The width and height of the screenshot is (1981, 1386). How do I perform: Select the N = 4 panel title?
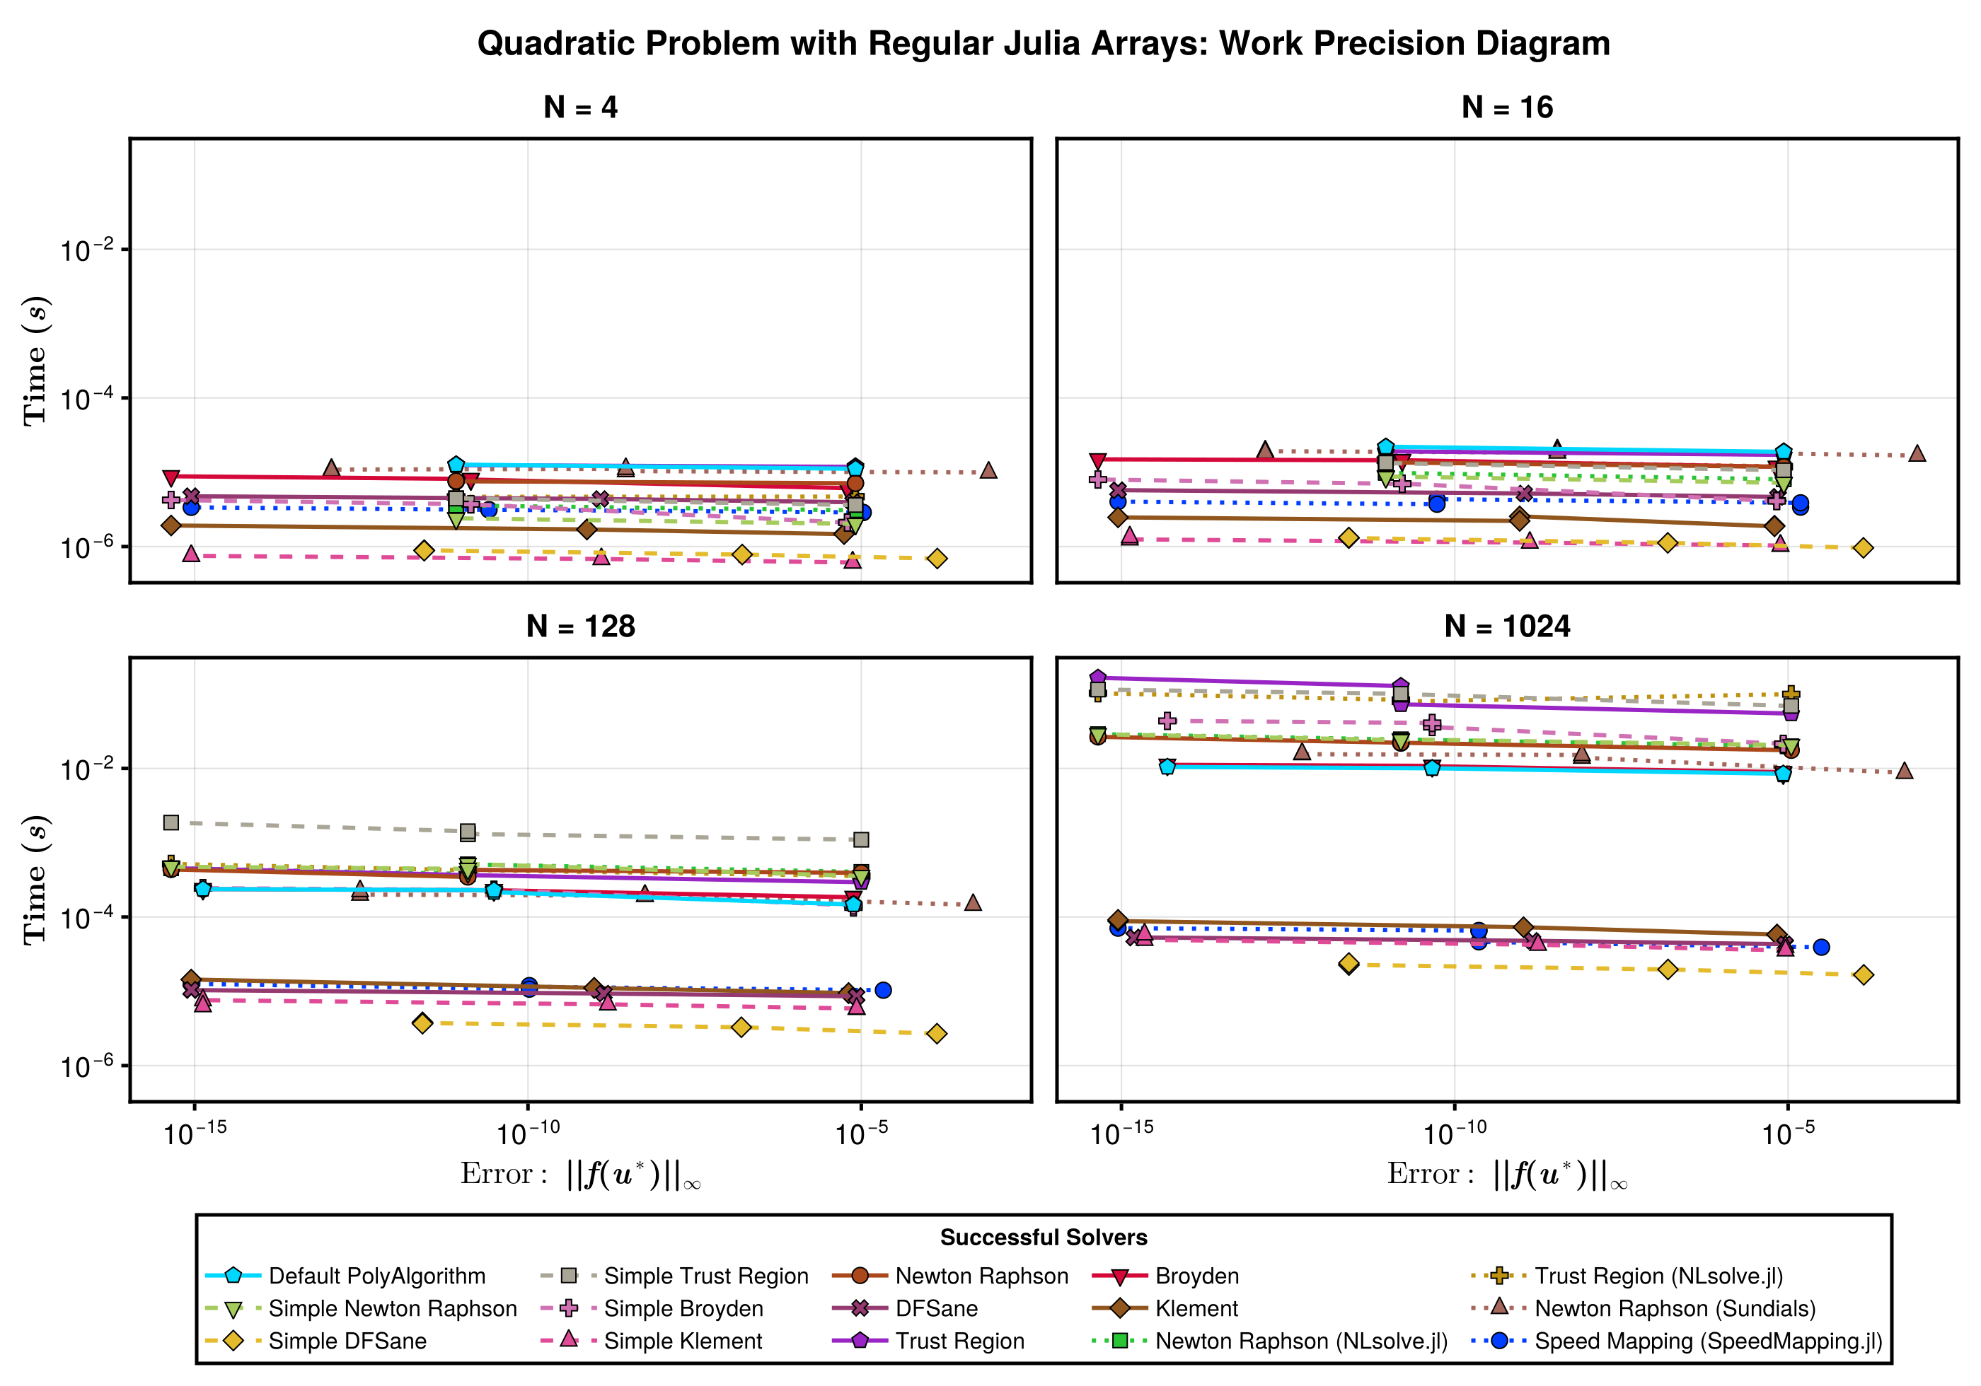coord(580,107)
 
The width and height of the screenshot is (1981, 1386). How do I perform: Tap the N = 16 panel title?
coord(1506,107)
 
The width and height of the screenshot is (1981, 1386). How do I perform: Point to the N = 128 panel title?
coord(580,626)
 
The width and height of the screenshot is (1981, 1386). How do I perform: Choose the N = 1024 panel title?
coord(1506,626)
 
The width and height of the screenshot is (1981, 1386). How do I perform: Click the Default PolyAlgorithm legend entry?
coord(376,1276)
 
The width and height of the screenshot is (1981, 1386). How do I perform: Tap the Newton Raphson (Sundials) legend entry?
coord(1674,1308)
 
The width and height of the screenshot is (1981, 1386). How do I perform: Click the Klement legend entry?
coord(1196,1308)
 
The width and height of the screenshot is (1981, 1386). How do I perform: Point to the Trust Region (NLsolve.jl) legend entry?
coord(1658,1276)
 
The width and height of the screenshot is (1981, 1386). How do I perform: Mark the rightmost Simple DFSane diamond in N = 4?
coord(937,559)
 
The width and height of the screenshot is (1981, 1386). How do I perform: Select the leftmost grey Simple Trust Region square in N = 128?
coord(171,823)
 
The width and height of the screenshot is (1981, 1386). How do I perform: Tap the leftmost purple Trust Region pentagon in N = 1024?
coord(1097,678)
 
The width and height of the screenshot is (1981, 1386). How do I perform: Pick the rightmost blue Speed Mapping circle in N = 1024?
coord(1821,947)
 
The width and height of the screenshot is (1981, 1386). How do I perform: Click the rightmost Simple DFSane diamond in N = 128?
coord(937,1033)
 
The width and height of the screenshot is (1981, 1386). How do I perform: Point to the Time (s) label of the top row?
coord(35,361)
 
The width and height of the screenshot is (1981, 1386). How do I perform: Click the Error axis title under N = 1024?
coord(1506,1175)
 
